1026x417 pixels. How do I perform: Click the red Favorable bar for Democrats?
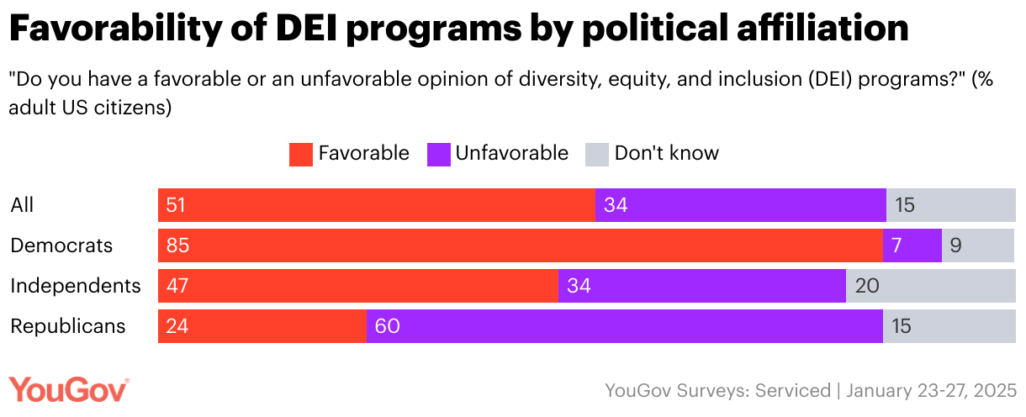(x=520, y=245)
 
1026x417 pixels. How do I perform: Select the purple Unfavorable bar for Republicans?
(x=624, y=326)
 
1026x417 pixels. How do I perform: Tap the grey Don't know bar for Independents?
(x=931, y=286)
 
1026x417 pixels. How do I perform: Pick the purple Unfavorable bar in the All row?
(x=740, y=205)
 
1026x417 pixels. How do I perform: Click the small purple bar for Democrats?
(x=912, y=245)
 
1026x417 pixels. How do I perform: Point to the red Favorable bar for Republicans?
(x=262, y=326)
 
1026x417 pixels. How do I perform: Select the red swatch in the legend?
(x=300, y=154)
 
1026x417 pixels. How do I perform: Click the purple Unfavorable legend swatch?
(x=438, y=154)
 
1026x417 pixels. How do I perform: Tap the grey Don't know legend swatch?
(x=596, y=154)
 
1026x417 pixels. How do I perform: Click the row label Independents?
(x=75, y=286)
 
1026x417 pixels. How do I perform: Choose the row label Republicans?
(x=67, y=326)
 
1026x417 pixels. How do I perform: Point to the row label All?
(x=22, y=205)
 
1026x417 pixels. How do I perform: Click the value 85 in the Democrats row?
(x=177, y=245)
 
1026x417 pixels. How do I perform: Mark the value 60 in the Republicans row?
(x=387, y=326)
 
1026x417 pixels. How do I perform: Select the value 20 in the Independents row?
(x=867, y=286)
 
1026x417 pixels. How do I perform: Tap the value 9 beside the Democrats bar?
(x=955, y=245)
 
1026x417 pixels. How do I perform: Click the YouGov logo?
(x=69, y=390)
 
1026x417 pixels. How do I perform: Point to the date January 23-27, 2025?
(x=931, y=391)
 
